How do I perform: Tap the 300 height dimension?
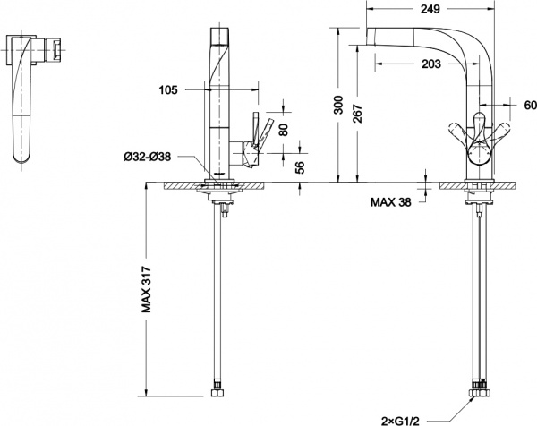coord(337,106)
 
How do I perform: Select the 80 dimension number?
coord(284,128)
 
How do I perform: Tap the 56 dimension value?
coord(284,166)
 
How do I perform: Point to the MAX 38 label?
coord(393,201)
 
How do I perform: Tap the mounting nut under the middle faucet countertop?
coord(220,201)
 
